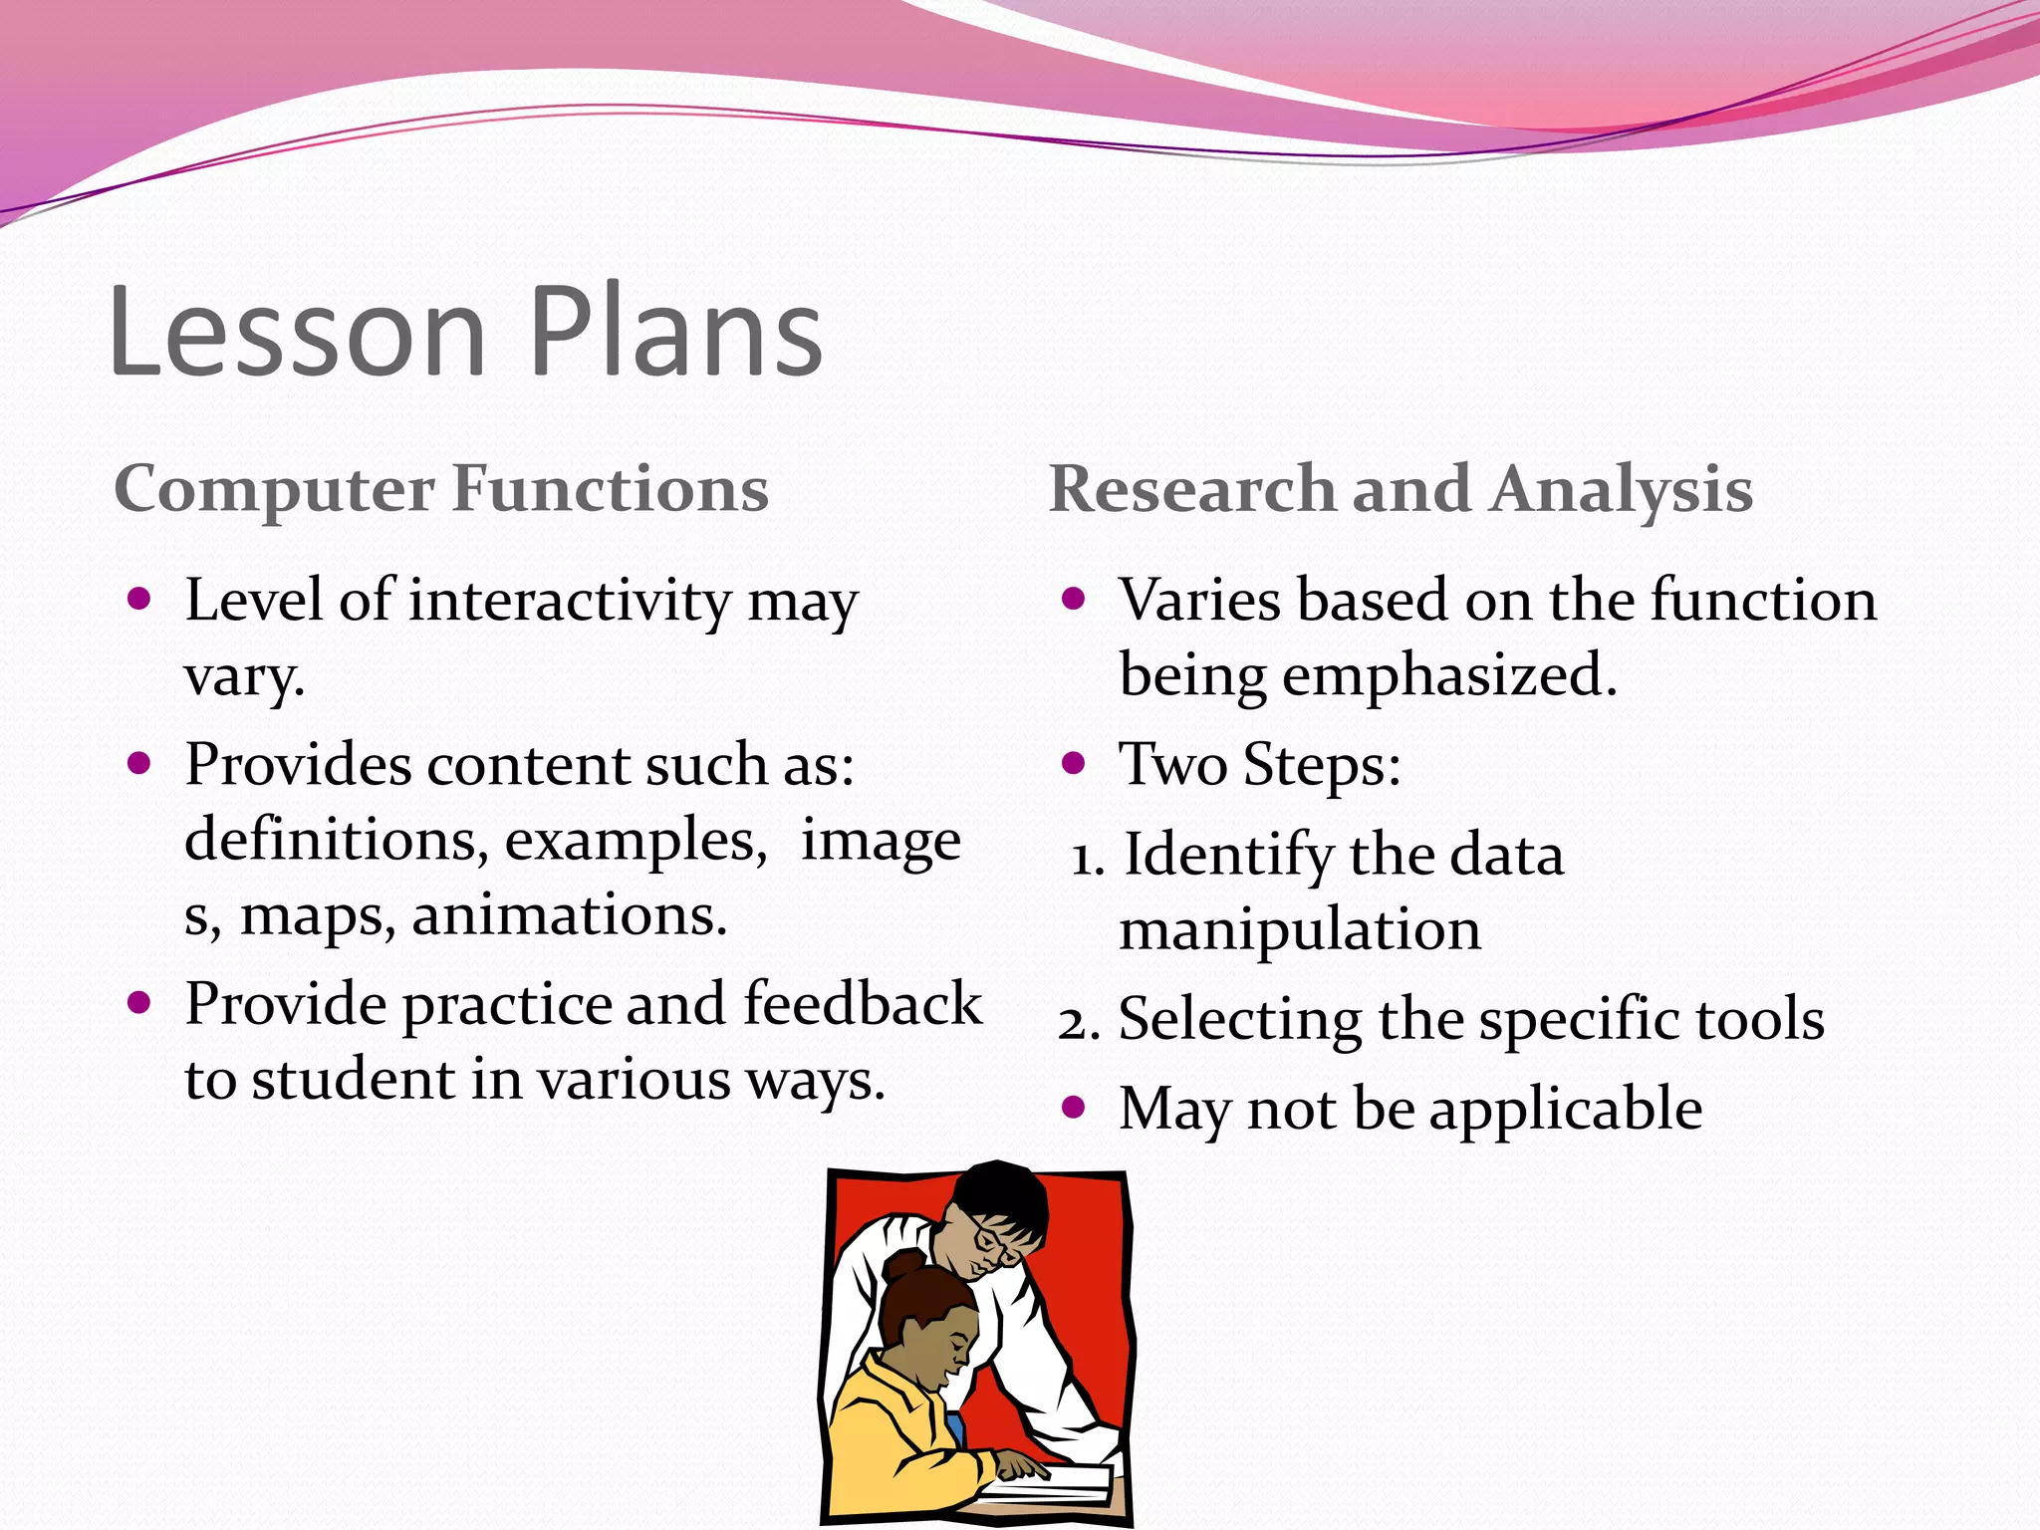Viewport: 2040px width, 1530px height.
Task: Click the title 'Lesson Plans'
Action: tap(466, 331)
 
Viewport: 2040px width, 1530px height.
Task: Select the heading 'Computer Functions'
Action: tap(441, 489)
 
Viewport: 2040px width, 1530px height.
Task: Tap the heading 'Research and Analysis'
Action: tap(1401, 489)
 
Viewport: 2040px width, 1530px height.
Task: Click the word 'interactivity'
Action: tap(570, 601)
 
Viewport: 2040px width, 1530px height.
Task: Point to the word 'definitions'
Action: tap(336, 840)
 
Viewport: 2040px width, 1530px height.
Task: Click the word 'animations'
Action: tap(569, 915)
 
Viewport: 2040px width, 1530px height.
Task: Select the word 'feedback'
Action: tap(863, 1003)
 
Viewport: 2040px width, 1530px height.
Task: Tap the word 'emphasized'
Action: tap(1449, 675)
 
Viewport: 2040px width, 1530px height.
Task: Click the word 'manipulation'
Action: tap(1300, 929)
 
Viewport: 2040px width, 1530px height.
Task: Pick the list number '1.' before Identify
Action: tap(1088, 858)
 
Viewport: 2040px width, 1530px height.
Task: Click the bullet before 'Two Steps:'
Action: tap(1073, 764)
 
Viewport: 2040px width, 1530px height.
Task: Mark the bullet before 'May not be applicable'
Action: tap(1073, 1107)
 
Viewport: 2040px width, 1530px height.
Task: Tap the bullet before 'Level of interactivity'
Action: tap(139, 599)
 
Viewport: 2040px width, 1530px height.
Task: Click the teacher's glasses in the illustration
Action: tap(995, 1241)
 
